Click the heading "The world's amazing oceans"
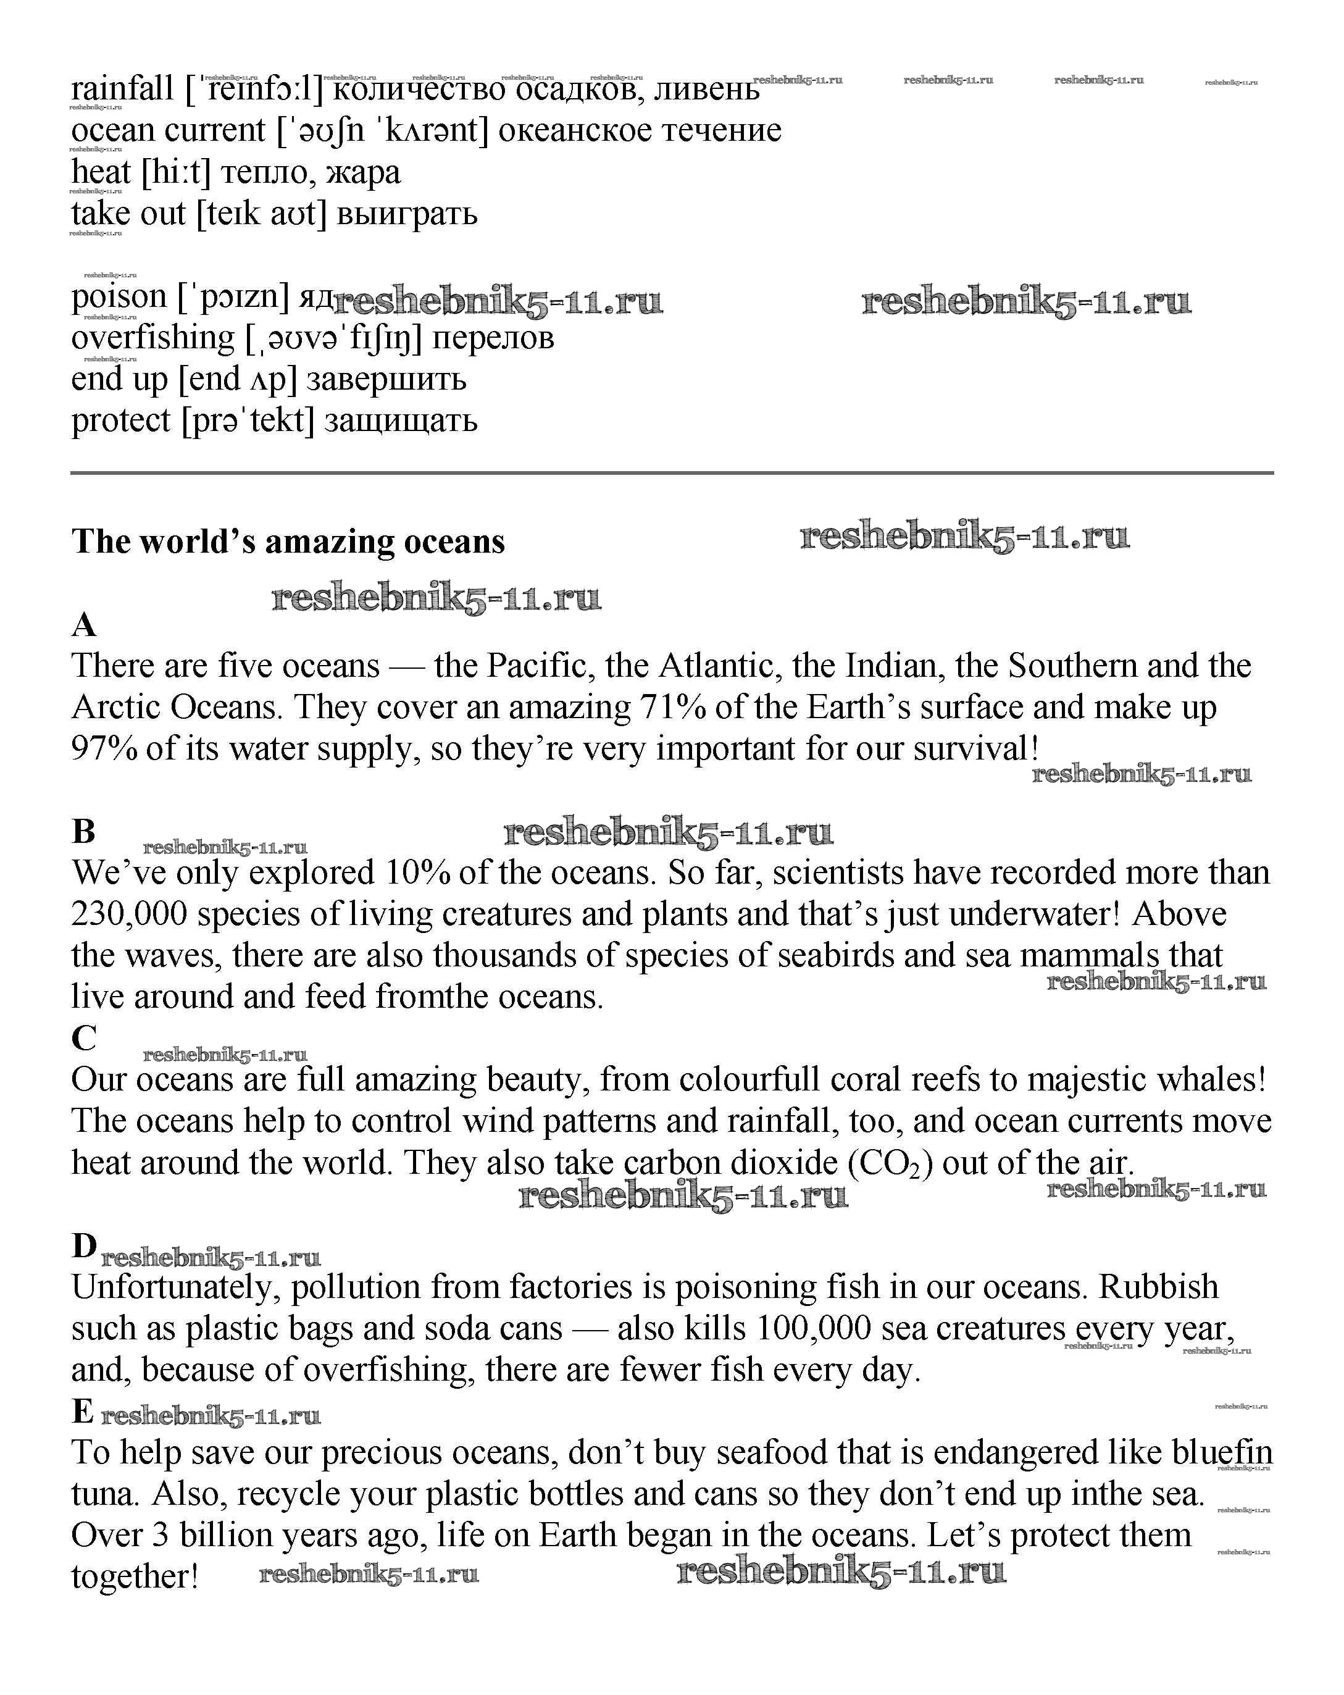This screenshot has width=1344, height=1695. tap(288, 542)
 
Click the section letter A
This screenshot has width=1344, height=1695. tap(84, 626)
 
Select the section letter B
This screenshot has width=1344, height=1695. tap(83, 832)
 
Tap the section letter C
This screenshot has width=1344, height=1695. tap(83, 1039)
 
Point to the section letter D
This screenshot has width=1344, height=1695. tap(84, 1246)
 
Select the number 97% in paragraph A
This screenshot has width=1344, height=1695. tap(104, 748)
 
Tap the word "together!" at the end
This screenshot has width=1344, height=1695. tap(135, 1577)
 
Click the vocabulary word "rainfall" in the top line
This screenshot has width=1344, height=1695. tap(122, 89)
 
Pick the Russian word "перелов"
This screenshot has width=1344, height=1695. tap(493, 338)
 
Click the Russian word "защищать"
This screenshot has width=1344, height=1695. tap(401, 421)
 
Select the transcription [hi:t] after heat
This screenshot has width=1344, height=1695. tap(176, 172)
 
